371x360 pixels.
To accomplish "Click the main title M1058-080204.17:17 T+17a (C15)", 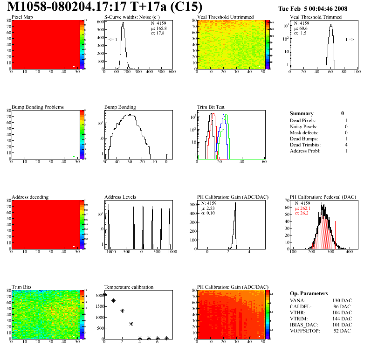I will tap(105, 7).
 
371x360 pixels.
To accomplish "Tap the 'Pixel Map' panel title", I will tap(21, 17).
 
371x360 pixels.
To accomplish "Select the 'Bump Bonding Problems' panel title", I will tap(37, 107).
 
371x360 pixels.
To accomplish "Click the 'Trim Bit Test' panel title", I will tap(212, 107).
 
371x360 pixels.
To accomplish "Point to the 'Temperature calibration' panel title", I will tap(129, 287).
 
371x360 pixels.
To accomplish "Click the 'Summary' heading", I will tap(302, 113).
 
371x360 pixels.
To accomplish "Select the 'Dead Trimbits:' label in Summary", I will tap(306, 145).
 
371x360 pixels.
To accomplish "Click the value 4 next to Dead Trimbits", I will tap(346, 145).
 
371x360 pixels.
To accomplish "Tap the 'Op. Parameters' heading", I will tap(309, 293).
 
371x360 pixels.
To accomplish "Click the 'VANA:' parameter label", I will tap(298, 301).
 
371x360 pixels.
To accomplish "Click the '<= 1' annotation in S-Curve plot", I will tap(112, 40).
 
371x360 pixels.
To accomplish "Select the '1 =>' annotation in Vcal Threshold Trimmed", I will tap(350, 40).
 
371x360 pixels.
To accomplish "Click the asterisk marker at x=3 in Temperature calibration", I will tap(131, 324).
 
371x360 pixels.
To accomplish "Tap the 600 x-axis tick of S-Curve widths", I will tap(172, 72).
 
